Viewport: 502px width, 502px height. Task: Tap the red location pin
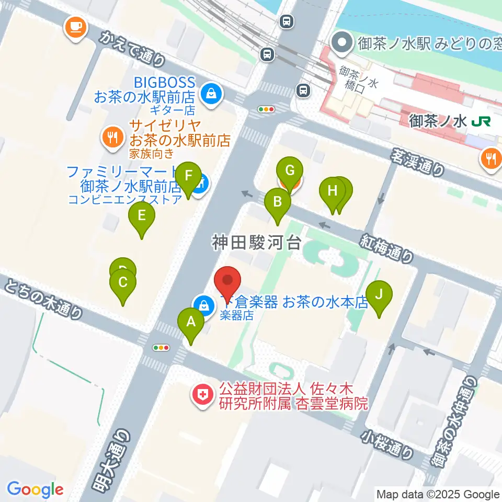228,282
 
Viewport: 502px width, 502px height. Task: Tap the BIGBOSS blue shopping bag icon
211,95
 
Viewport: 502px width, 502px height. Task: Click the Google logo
35,489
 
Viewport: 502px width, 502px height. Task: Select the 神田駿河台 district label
257,242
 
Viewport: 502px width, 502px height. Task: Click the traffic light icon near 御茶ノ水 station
267,109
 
